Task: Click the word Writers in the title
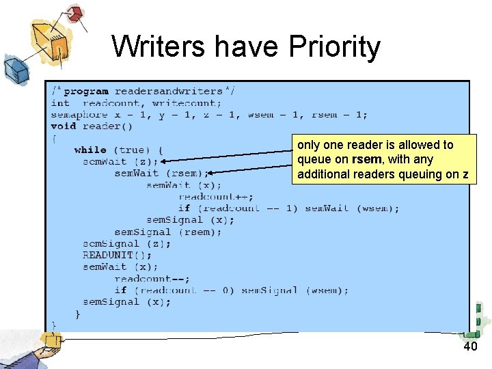pyautogui.click(x=158, y=47)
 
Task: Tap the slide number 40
pyautogui.click(x=470, y=347)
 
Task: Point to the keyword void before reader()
pyautogui.click(x=63, y=126)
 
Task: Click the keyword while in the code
pyautogui.click(x=90, y=150)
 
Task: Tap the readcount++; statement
pyautogui.click(x=206, y=197)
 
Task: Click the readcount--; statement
pyautogui.click(x=152, y=279)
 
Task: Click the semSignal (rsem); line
pyautogui.click(x=167, y=232)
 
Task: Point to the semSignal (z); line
pyautogui.click(x=126, y=243)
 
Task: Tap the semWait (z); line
pyautogui.click(x=120, y=162)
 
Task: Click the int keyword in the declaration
pyautogui.click(x=59, y=103)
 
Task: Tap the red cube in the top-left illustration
pyautogui.click(x=74, y=12)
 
